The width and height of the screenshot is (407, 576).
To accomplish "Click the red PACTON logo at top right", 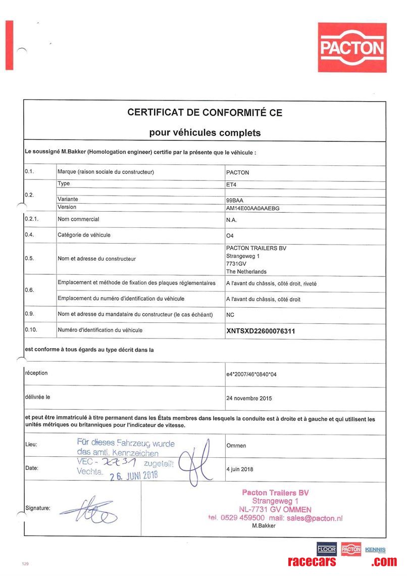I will click(x=353, y=47).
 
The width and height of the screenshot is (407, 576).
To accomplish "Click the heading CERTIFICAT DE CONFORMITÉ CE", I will click(x=205, y=113).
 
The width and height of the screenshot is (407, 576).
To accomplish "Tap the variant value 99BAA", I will click(x=235, y=200).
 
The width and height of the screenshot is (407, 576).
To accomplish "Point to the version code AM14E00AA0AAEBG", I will click(x=253, y=208).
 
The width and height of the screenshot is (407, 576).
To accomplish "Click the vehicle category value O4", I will click(x=231, y=235).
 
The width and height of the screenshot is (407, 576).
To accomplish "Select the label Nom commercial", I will click(x=78, y=219).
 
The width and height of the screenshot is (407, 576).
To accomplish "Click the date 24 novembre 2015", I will click(x=249, y=398).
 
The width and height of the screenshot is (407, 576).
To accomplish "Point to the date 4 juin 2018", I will click(x=240, y=469).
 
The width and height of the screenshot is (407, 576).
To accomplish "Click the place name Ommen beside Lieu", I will click(x=236, y=446).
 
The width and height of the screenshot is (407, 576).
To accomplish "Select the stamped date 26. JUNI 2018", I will click(x=134, y=475).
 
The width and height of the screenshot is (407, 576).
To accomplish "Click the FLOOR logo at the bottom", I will click(x=326, y=549).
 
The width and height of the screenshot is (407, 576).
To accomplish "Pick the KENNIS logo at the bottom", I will click(x=375, y=550).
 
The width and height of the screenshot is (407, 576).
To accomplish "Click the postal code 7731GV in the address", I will click(x=236, y=264).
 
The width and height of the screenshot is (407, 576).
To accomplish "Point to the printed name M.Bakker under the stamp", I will click(x=264, y=526).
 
